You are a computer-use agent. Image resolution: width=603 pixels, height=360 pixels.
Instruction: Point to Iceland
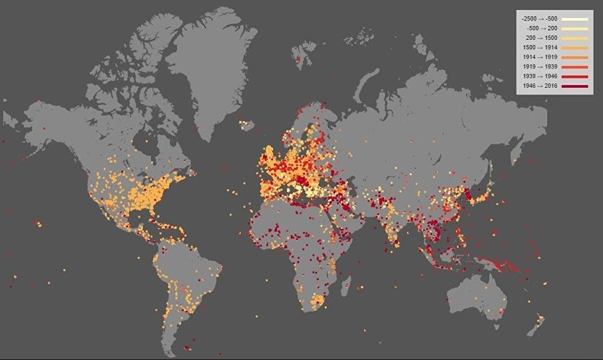(x=248, y=124)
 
